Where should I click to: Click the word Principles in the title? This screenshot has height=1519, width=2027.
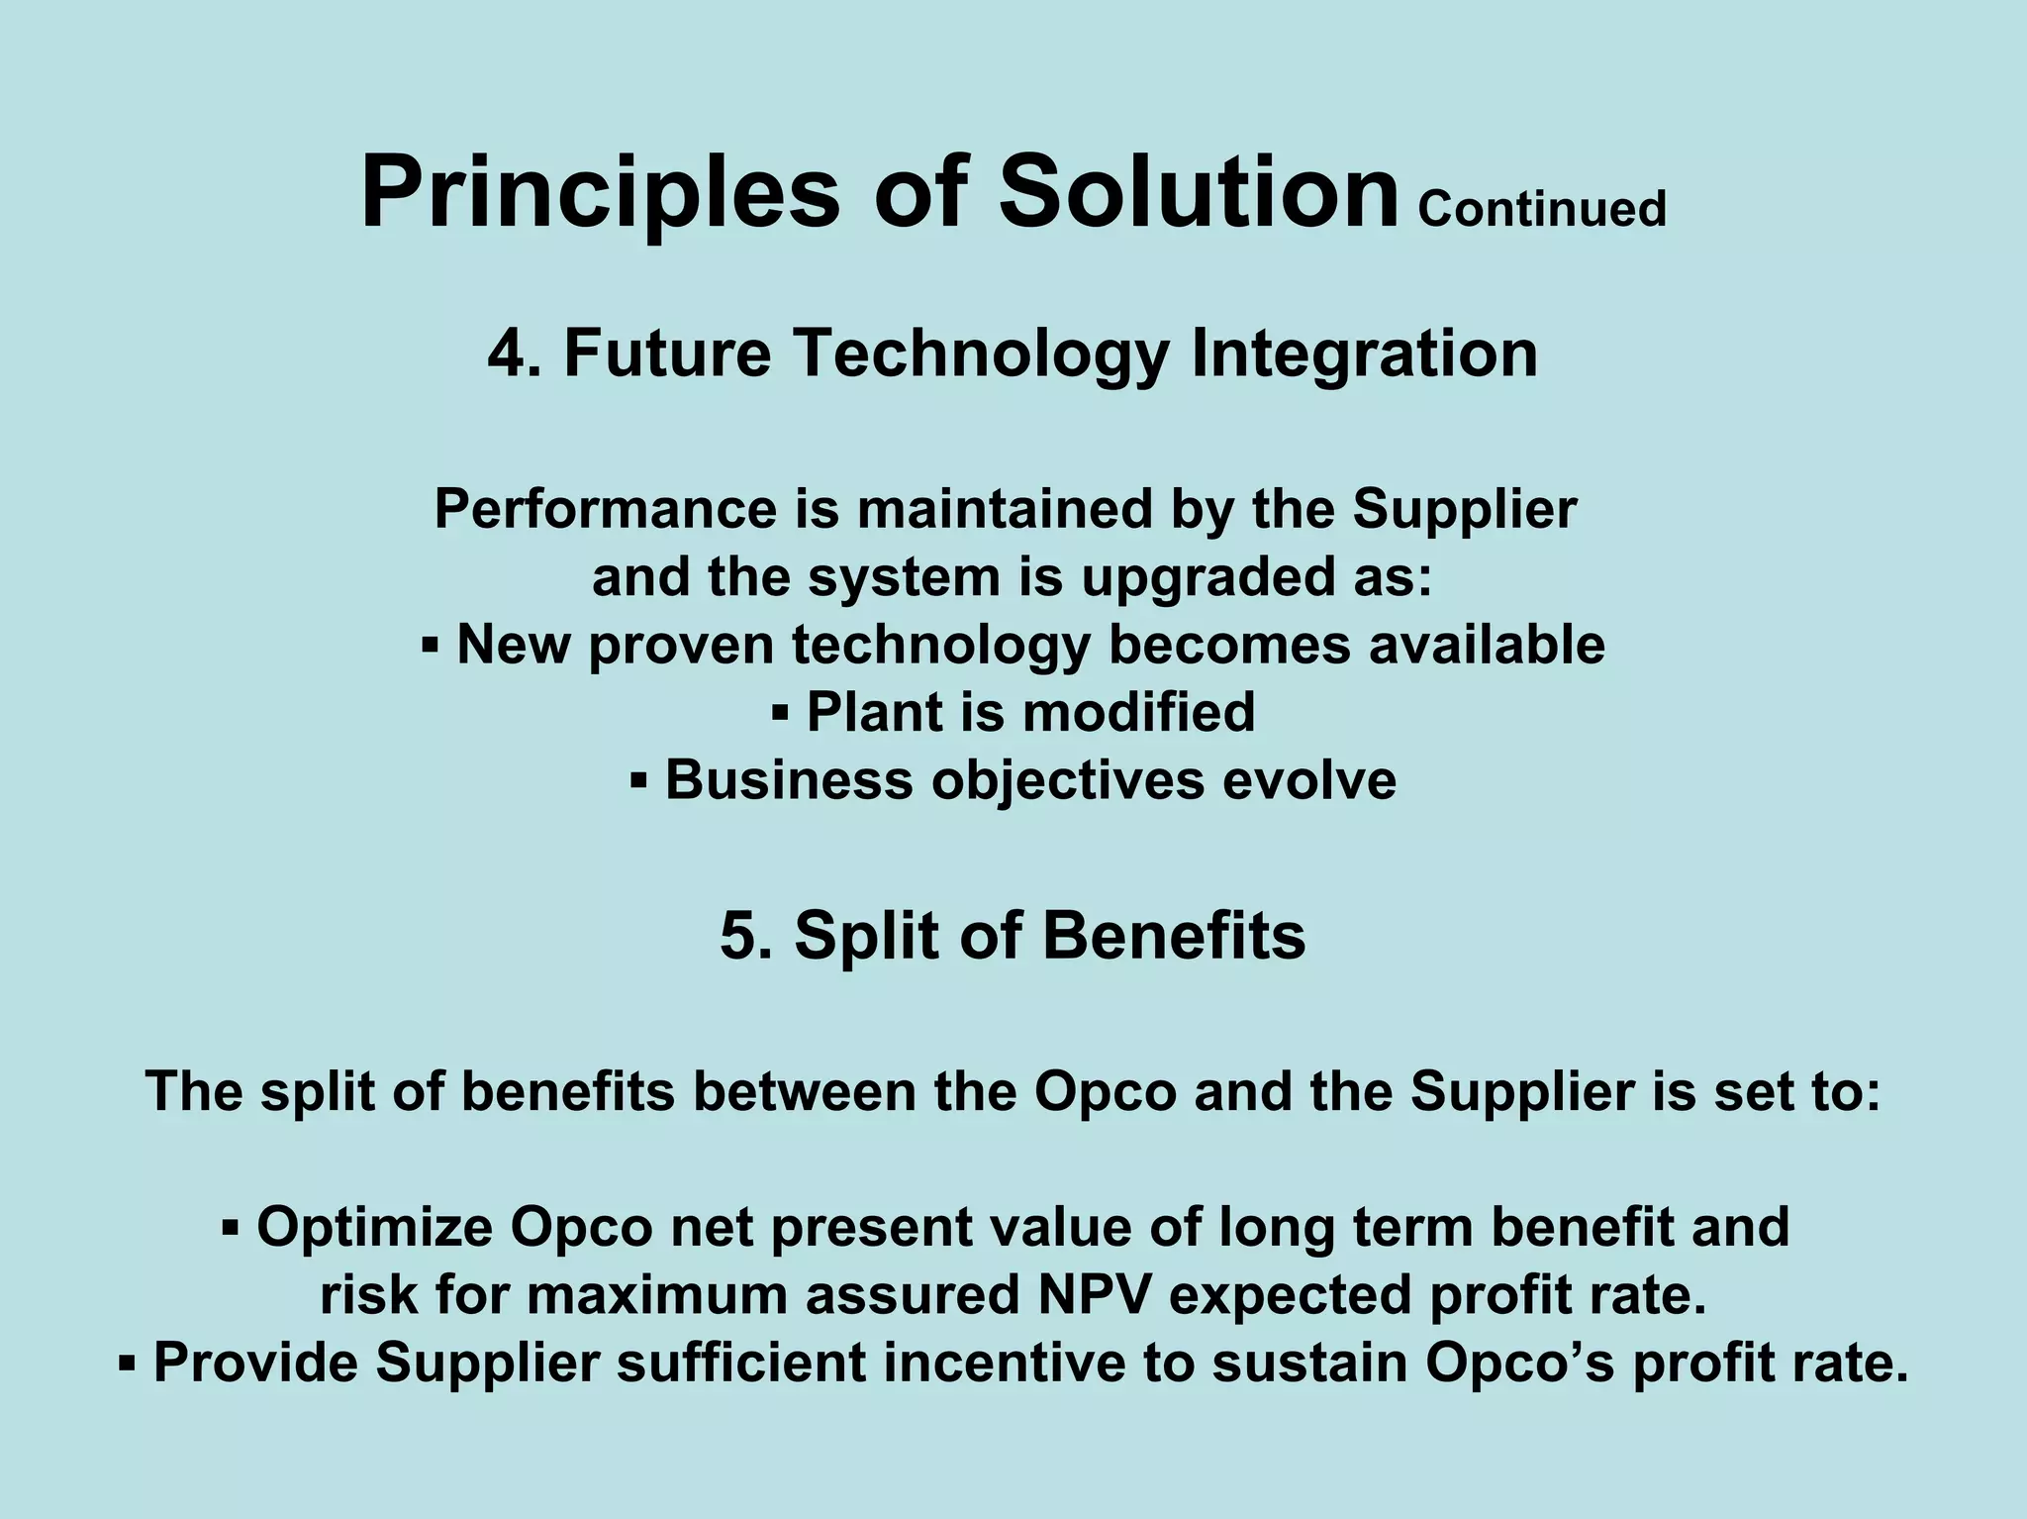[600, 193]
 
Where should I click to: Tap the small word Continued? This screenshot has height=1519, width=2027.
[1542, 210]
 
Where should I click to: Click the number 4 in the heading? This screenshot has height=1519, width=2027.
[505, 354]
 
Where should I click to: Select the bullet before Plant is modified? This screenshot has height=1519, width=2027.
[780, 713]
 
